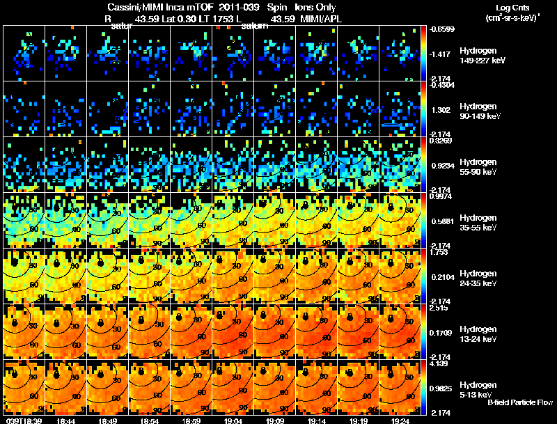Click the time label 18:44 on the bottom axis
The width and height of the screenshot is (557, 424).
click(x=65, y=421)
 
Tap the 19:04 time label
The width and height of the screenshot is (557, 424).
click(x=233, y=421)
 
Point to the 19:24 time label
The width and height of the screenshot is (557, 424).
click(x=400, y=421)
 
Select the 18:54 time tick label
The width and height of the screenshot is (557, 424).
click(x=149, y=421)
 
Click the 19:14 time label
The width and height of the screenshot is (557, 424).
click(x=316, y=421)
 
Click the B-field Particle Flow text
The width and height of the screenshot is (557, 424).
click(x=519, y=402)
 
